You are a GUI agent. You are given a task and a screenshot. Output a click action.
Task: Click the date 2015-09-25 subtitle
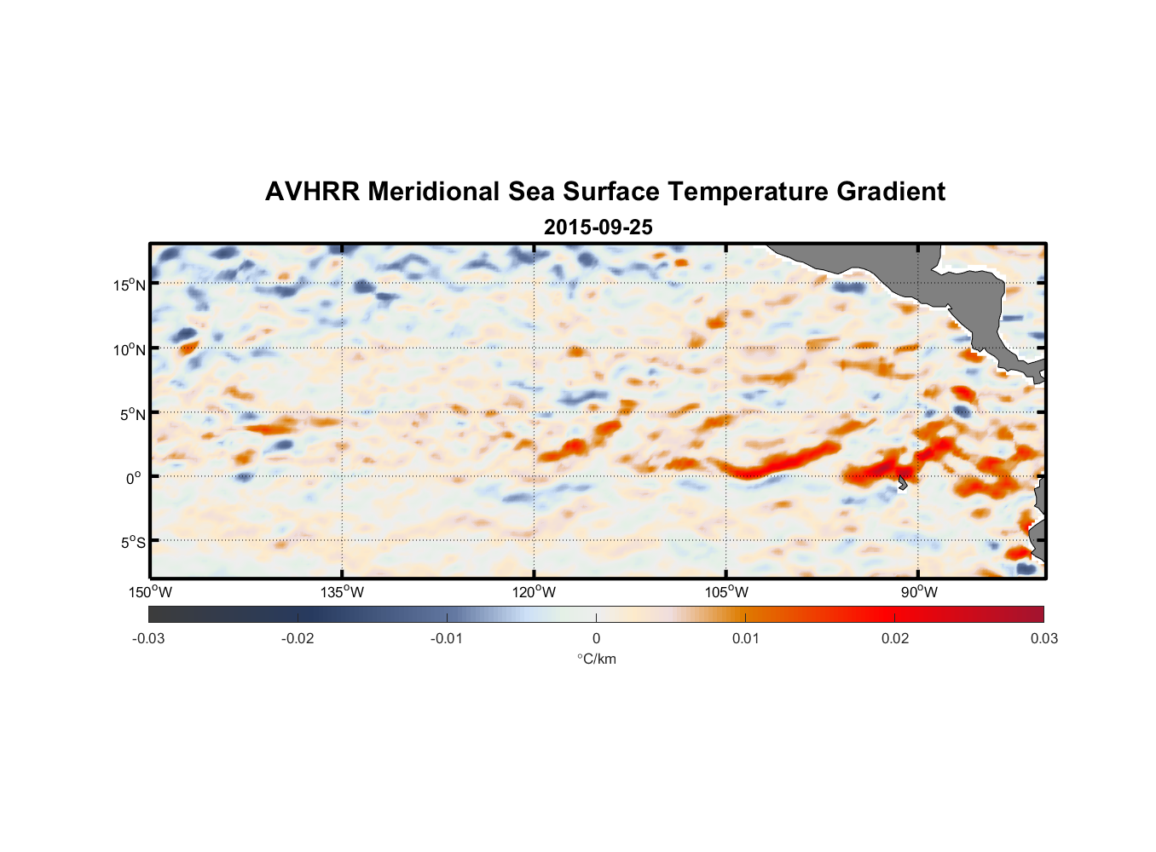point(598,227)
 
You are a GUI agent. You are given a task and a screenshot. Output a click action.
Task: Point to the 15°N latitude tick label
point(130,285)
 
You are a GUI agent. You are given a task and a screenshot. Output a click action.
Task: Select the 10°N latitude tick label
point(130,349)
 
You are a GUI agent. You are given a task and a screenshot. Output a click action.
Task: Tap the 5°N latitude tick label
point(132,414)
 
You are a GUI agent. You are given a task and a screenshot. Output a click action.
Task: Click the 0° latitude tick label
point(134,479)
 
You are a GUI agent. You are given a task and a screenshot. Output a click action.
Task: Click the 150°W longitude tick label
point(150,592)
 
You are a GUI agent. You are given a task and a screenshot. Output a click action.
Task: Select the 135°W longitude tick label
point(342,592)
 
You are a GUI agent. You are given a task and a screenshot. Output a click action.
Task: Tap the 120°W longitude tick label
point(534,592)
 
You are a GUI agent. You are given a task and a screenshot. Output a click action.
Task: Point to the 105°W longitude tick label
point(726,592)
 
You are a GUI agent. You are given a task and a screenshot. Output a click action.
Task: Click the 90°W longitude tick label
point(919,592)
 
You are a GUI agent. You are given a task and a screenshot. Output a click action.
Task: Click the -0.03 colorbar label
point(148,638)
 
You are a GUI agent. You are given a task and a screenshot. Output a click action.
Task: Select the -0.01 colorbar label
point(447,638)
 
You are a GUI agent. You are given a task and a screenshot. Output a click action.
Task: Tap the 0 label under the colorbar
point(596,638)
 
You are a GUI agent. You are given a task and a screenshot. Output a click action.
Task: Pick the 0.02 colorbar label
point(894,638)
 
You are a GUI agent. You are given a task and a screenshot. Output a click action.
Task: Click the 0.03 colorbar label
point(1043,638)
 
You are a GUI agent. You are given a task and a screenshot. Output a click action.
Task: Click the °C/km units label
point(596,659)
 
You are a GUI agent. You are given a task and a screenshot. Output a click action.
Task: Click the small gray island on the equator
point(902,483)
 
